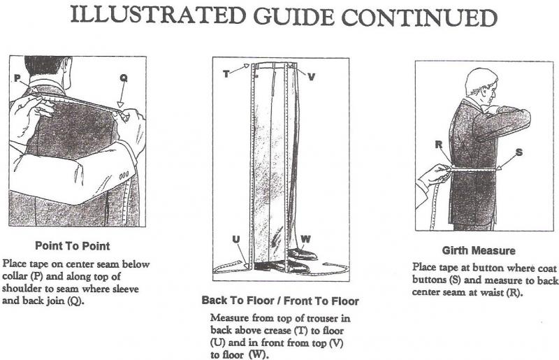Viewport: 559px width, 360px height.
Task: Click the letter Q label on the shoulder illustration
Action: click(x=123, y=79)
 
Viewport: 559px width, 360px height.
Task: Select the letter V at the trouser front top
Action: click(x=311, y=75)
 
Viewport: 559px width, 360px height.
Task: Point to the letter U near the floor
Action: click(x=236, y=240)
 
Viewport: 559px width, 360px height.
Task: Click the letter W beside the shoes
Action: click(x=305, y=239)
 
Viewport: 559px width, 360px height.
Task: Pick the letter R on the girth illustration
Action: click(x=438, y=146)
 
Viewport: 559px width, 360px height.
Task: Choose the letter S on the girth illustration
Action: click(x=518, y=152)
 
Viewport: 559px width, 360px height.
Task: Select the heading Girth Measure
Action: click(x=479, y=250)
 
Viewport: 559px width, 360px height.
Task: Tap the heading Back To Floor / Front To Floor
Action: click(x=280, y=301)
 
